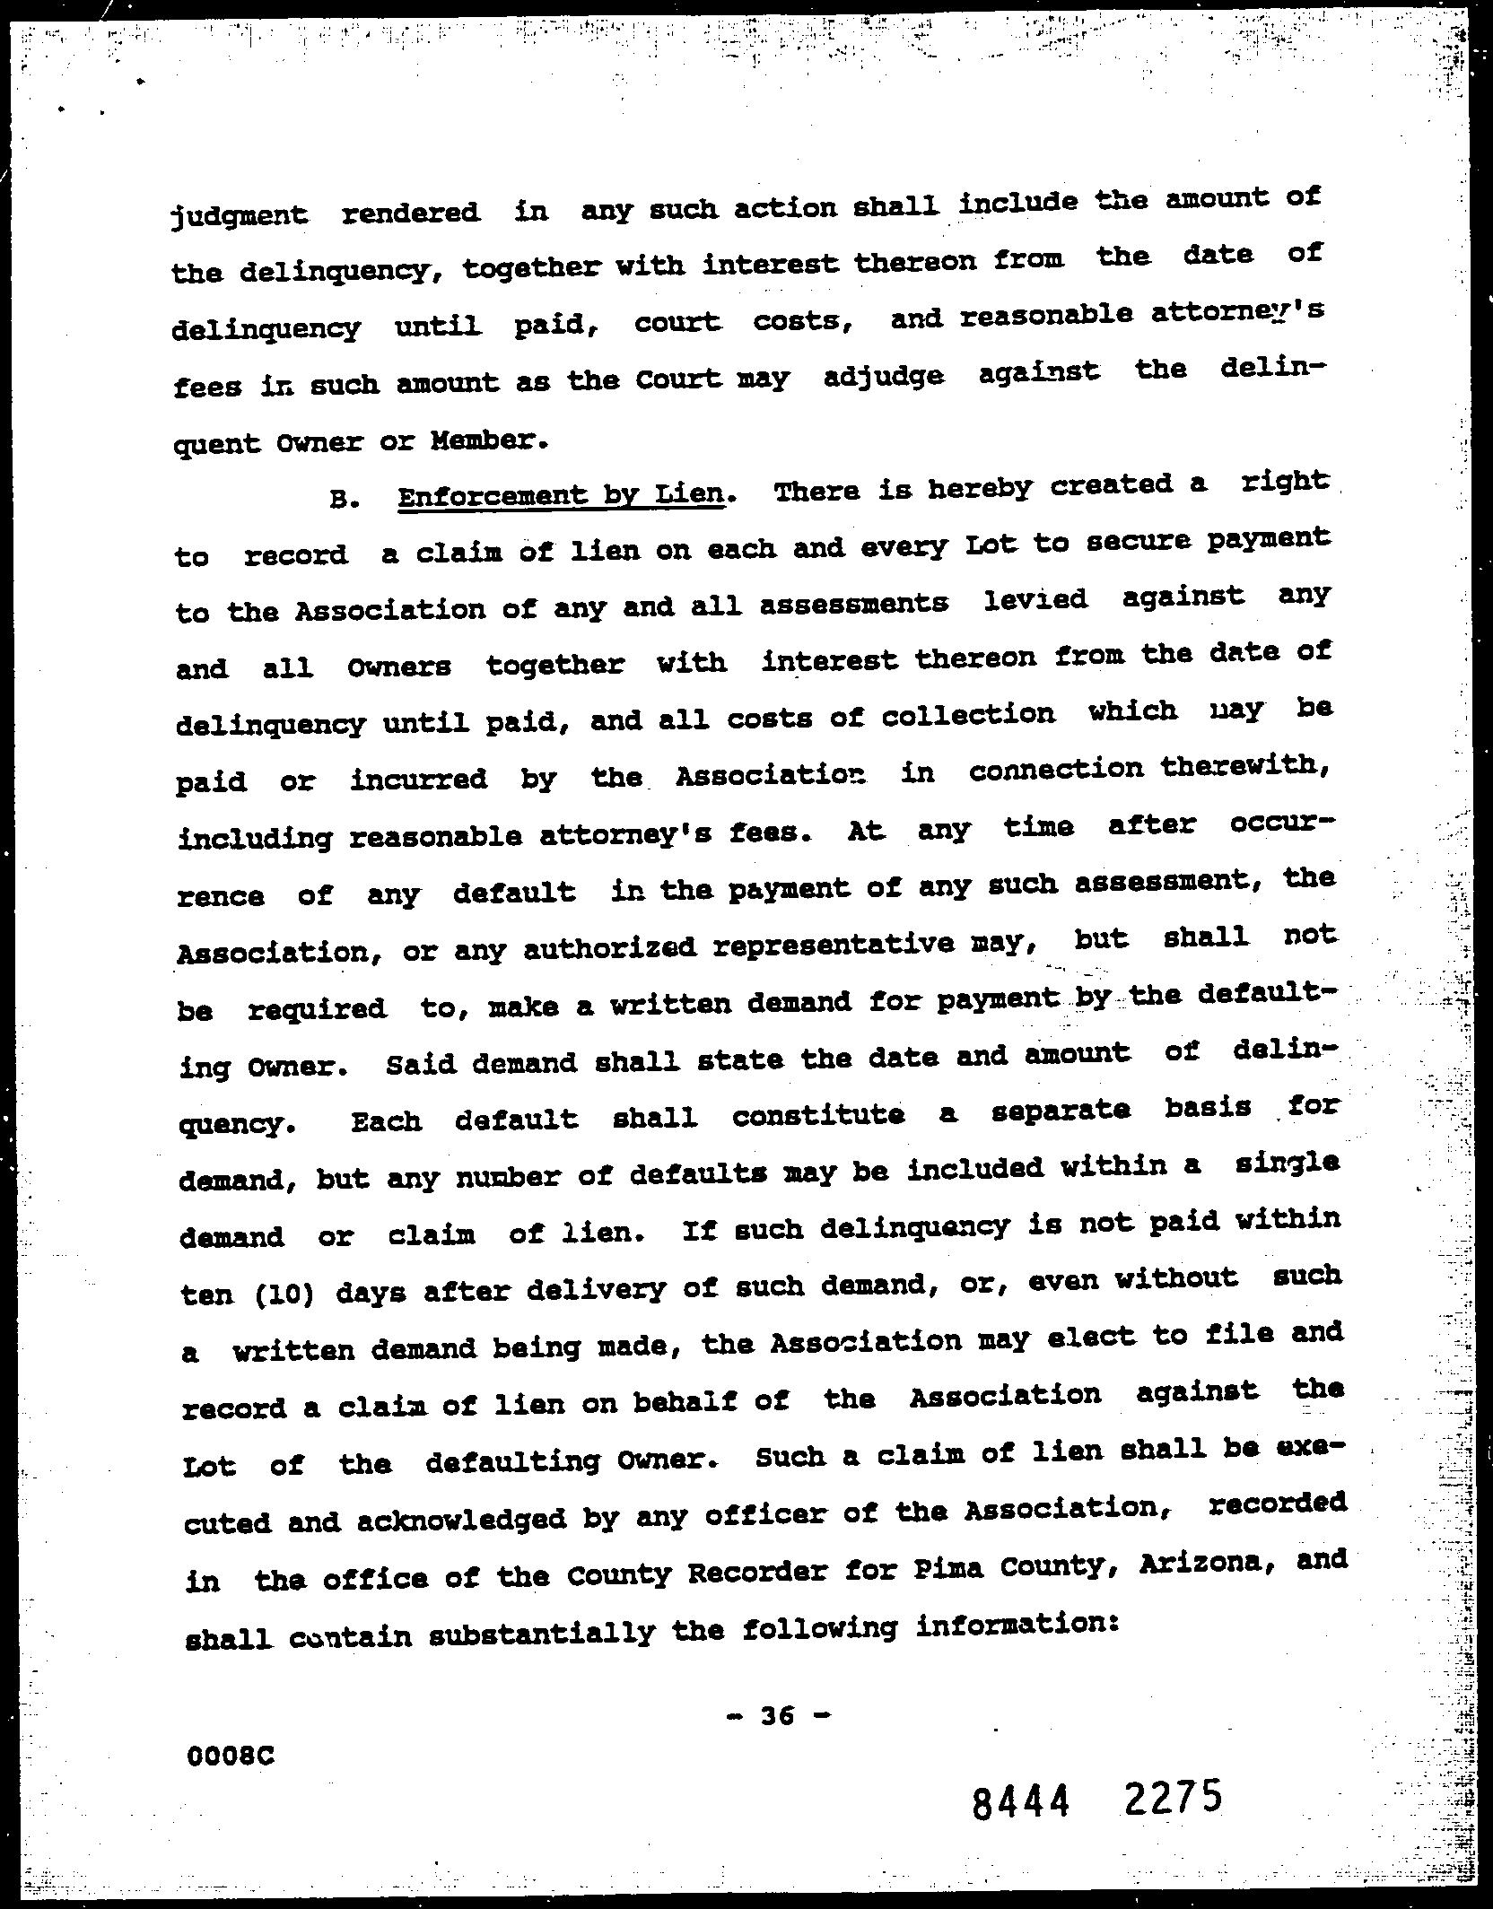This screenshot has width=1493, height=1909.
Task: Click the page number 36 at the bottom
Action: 778,1715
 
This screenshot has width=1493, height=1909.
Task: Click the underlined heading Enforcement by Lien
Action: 561,495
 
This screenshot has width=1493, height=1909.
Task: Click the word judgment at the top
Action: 239,216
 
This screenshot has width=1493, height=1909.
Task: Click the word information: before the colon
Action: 1014,1626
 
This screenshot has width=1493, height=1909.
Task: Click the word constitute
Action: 817,1115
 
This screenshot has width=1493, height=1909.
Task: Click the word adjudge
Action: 884,377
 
